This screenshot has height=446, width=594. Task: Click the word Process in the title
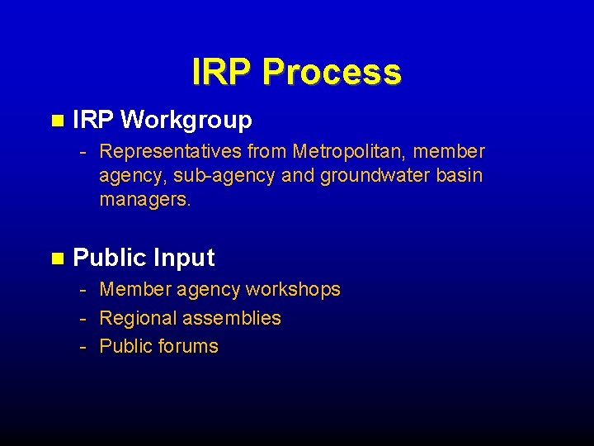332,73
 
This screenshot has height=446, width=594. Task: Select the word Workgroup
186,121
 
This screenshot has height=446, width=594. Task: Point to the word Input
184,259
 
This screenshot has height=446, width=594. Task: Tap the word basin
460,176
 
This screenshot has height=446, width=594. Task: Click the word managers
145,200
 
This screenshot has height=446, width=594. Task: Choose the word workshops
293,290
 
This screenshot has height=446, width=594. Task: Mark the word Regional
137,318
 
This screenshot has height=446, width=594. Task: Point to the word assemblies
232,318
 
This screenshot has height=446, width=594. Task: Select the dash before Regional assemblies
83,318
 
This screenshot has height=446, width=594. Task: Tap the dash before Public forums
83,346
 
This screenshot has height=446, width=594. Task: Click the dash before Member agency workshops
83,290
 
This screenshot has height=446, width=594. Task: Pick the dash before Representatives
83,152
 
